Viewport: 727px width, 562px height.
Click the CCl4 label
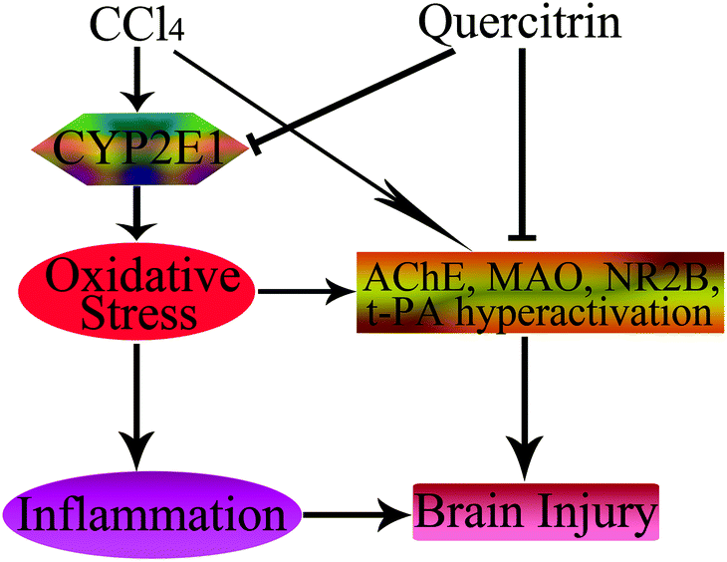[137, 25]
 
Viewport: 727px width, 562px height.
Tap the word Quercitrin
[520, 24]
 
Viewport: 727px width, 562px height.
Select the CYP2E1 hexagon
[140, 148]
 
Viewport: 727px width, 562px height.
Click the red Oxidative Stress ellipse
[137, 291]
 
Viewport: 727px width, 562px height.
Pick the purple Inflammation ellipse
[151, 514]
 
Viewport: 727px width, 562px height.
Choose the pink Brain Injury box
[536, 512]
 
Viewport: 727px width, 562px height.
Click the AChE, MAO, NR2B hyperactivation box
[540, 292]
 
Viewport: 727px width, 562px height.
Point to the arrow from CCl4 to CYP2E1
[137, 79]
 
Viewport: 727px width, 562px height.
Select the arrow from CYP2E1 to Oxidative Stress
[136, 213]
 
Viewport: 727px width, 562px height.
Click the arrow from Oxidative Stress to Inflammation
[136, 407]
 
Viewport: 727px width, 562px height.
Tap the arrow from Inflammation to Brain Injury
[356, 514]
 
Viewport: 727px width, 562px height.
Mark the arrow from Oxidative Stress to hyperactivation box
[307, 291]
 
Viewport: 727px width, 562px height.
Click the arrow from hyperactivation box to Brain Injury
[525, 409]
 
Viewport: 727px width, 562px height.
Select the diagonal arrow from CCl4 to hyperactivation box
[323, 149]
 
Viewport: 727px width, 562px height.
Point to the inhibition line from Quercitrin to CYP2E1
[352, 99]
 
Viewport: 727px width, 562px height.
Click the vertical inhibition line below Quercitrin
[522, 143]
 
